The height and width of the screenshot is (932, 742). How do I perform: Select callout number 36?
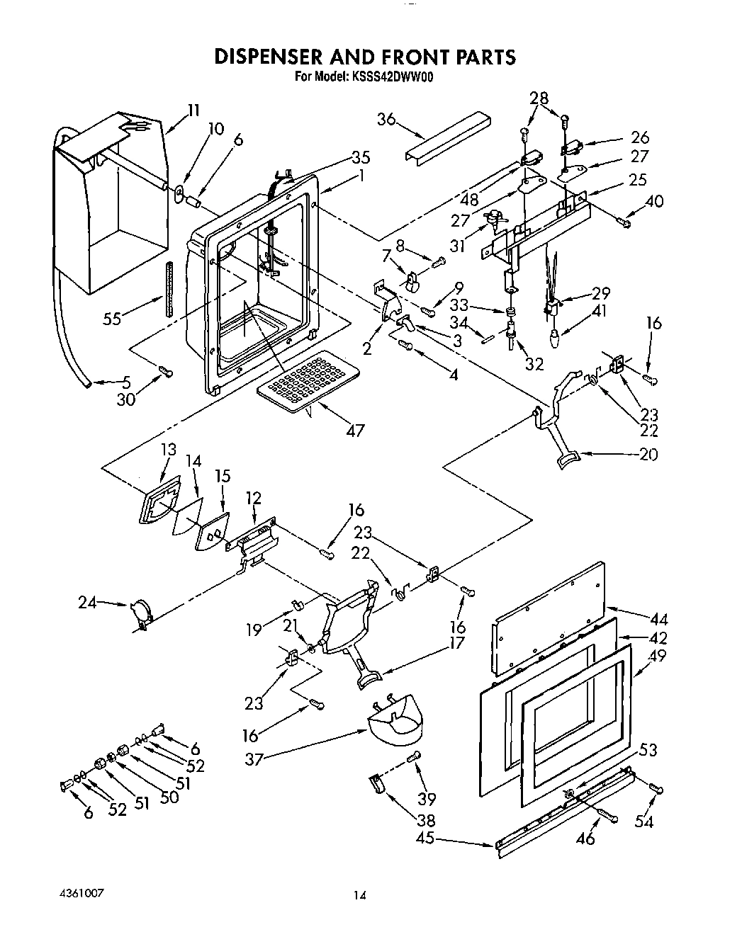click(x=387, y=120)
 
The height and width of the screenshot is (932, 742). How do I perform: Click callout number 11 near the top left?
click(x=193, y=110)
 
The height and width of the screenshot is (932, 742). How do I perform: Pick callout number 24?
click(x=87, y=603)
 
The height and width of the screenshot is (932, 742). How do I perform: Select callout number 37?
click(x=254, y=759)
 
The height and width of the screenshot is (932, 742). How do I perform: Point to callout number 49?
click(x=658, y=656)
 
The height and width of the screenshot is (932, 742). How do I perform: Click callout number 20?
click(x=648, y=454)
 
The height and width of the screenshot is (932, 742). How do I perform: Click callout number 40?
click(x=655, y=201)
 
